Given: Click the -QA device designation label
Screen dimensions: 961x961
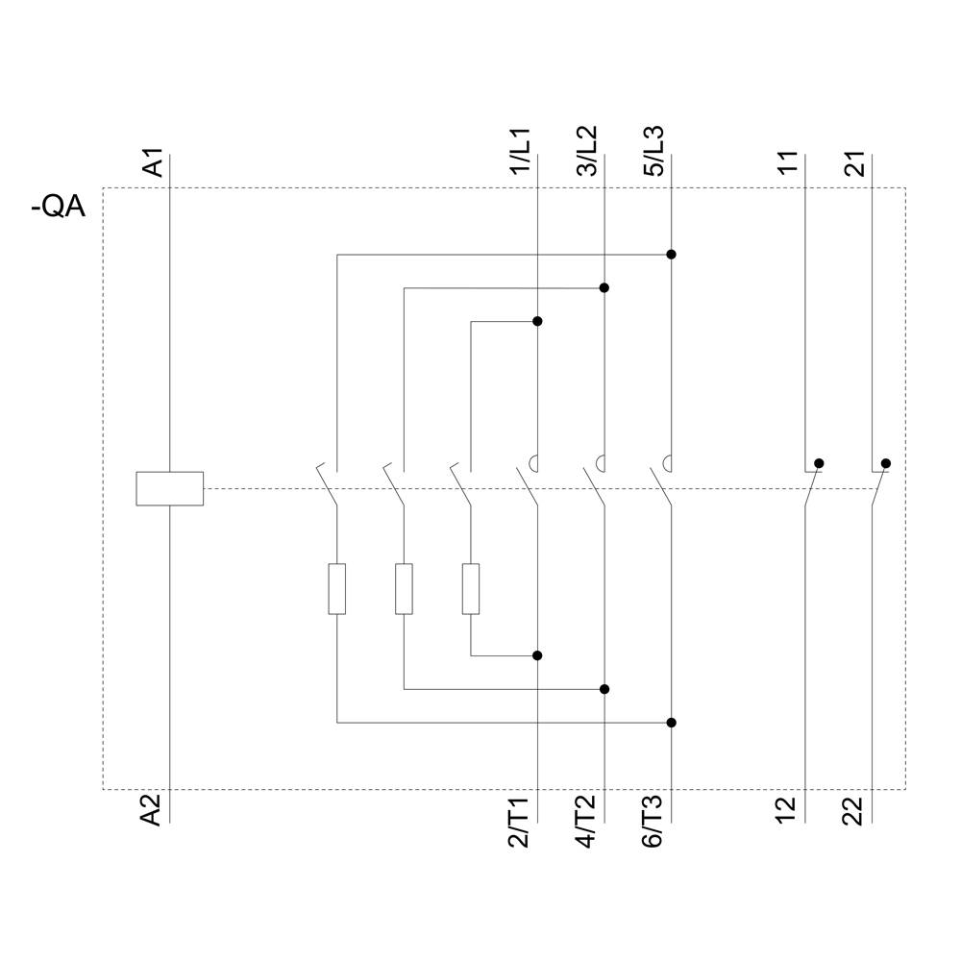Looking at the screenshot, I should click(x=58, y=206).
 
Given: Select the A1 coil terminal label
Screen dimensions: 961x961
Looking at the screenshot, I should click(x=153, y=161).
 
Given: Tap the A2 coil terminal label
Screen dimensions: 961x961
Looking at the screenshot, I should click(x=153, y=810).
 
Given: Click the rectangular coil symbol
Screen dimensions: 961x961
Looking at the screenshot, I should click(x=170, y=488).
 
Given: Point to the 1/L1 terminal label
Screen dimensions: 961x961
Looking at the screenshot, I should click(x=521, y=152).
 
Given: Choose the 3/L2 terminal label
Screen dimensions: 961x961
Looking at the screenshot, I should click(x=587, y=152).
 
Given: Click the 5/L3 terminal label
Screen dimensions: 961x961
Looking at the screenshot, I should click(x=654, y=152).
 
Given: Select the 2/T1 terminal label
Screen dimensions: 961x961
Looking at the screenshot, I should click(x=521, y=823).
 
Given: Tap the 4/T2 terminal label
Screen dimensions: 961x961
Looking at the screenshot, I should click(x=587, y=823).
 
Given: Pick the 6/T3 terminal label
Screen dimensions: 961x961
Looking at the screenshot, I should click(x=654, y=823).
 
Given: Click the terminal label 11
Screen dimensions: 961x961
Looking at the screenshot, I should click(x=789, y=162).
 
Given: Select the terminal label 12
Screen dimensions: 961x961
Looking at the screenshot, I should click(x=789, y=810).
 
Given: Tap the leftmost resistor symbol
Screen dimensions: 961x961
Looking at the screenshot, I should click(x=336, y=588).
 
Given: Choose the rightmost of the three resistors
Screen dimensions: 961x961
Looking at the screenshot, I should click(x=470, y=588).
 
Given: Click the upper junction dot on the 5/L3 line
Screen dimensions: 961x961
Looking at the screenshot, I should click(x=671, y=255).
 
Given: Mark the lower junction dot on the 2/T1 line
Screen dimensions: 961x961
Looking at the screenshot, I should click(x=537, y=655).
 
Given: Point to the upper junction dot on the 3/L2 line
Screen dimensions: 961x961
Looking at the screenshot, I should click(x=604, y=287).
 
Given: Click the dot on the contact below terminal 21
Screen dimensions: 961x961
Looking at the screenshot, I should click(x=885, y=463).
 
